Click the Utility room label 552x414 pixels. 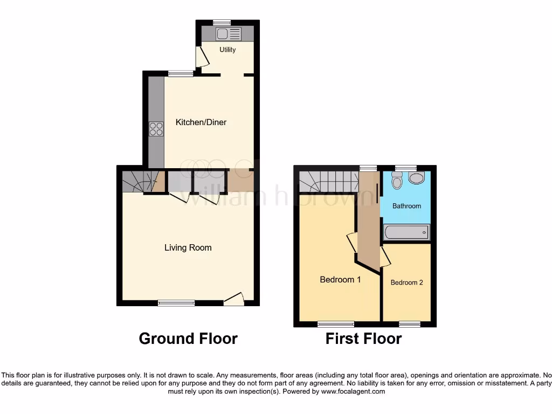tap(227, 50)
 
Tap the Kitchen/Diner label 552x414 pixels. tap(201, 122)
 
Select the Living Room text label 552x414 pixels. tap(188, 248)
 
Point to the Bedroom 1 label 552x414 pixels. tap(340, 280)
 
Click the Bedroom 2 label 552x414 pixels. tap(407, 282)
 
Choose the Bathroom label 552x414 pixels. tap(406, 206)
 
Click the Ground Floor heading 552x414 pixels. tap(188, 339)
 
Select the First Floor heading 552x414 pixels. tap(363, 339)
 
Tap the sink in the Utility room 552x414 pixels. tap(228, 34)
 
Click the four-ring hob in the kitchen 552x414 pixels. tap(156, 129)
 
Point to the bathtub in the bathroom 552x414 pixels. tap(406, 233)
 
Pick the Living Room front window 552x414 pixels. tap(176, 303)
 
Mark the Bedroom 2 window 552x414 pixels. tap(409, 324)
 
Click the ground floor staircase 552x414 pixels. tap(139, 182)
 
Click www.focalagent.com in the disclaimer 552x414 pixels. tap(353, 392)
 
